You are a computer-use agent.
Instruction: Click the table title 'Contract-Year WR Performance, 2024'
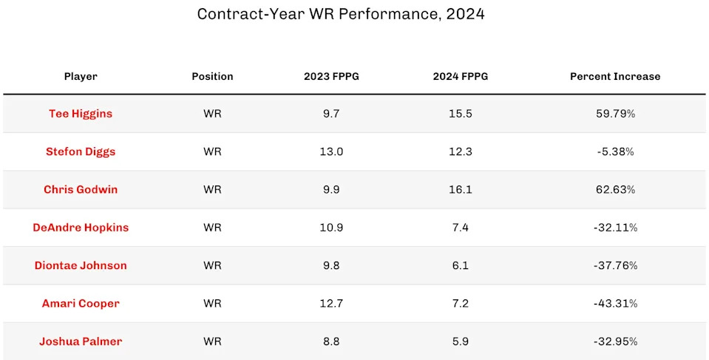coord(341,14)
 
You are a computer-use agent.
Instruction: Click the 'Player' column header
coord(81,76)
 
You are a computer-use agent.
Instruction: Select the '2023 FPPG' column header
coord(331,76)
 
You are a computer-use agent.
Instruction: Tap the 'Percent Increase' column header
coord(615,76)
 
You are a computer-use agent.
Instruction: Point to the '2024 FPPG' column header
coord(461,76)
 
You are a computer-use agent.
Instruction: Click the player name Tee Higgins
coord(81,114)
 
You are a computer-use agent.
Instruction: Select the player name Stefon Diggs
coord(81,152)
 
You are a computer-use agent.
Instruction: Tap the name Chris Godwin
coord(81,189)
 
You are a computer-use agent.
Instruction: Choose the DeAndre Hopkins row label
coord(81,228)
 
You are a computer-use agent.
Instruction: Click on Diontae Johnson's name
coord(81,265)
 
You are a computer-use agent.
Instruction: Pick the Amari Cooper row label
coord(81,303)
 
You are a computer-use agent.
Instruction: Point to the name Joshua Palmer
coord(81,342)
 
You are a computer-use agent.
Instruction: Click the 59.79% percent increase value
coord(615,114)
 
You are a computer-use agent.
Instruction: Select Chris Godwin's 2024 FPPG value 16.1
coord(461,189)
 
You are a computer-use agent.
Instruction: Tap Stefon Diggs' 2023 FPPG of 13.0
coord(331,152)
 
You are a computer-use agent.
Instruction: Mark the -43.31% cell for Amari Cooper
coord(615,303)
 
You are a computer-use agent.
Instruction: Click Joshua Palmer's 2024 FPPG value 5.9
coord(461,342)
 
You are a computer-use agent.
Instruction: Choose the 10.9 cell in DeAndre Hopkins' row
coord(331,228)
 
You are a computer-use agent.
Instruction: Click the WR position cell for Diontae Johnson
coord(212,265)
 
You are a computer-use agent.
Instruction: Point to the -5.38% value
coord(615,152)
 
